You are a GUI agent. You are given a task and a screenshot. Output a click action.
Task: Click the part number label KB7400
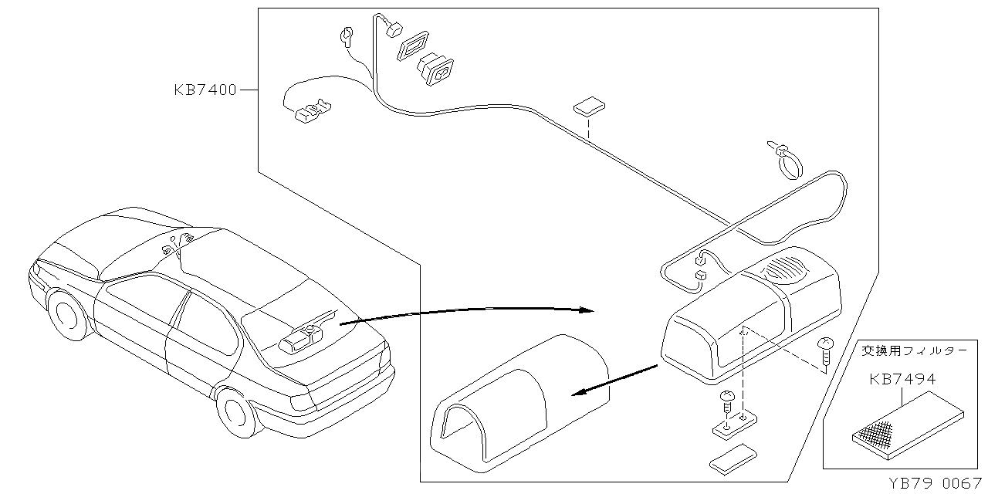(205, 90)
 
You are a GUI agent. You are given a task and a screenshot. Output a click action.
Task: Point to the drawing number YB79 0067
(936, 483)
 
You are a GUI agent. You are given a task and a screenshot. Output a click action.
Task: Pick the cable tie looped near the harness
(786, 158)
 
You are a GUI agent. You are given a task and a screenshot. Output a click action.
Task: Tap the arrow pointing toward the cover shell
(614, 380)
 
